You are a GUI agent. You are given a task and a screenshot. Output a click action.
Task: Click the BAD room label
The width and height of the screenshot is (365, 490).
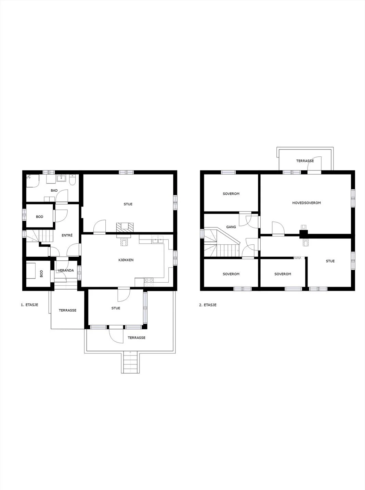[x=54, y=191]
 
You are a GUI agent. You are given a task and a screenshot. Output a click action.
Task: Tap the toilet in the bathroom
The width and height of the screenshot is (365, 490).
[x=73, y=180]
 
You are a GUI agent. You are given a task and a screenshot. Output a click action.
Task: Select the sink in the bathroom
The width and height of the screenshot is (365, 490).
[x=60, y=178]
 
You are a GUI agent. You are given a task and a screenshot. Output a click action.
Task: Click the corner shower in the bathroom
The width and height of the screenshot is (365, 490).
[x=33, y=181]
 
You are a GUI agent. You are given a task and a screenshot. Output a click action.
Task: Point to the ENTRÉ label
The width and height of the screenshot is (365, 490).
[x=67, y=235]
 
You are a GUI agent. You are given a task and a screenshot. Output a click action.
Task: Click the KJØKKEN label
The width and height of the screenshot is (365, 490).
[x=126, y=260]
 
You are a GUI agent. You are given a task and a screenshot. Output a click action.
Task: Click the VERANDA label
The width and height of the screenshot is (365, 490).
[x=66, y=270]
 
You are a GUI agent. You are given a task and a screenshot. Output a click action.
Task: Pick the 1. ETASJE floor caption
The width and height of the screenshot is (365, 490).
[x=30, y=305]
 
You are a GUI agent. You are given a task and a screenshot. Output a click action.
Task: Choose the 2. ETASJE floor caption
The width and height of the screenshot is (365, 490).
[x=208, y=305]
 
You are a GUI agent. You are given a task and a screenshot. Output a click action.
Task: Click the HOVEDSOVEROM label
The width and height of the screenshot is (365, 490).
[x=307, y=203]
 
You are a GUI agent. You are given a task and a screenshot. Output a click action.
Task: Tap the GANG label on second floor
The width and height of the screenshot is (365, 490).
[x=231, y=227]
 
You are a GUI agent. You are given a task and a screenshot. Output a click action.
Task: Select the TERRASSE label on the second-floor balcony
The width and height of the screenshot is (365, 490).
[x=305, y=161]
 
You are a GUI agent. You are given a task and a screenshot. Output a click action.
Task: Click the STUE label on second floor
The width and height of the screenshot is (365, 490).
[x=330, y=261]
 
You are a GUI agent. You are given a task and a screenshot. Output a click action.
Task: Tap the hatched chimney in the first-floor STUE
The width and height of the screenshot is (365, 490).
[x=125, y=227]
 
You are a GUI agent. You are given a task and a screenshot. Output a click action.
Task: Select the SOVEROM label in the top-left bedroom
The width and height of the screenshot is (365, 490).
[x=231, y=194]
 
